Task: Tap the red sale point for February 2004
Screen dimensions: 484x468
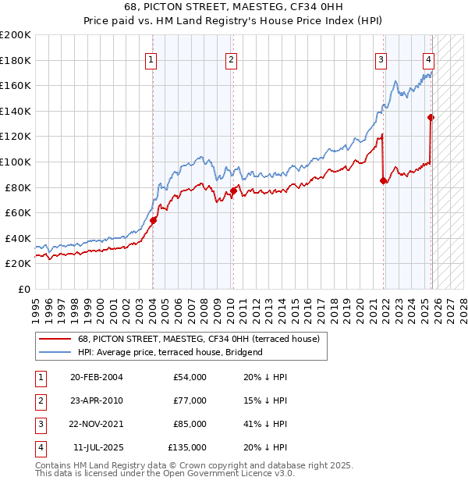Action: (x=153, y=220)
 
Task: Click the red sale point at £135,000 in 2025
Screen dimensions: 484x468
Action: (x=431, y=118)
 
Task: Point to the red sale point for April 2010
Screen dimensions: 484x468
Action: (x=233, y=190)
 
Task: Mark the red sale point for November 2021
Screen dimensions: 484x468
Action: (x=383, y=180)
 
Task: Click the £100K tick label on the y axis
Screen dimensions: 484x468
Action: (x=16, y=162)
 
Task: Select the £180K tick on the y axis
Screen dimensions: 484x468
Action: (x=16, y=60)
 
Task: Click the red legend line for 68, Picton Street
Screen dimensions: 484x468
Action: (x=55, y=339)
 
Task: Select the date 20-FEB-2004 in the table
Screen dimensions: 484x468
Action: (x=97, y=377)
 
